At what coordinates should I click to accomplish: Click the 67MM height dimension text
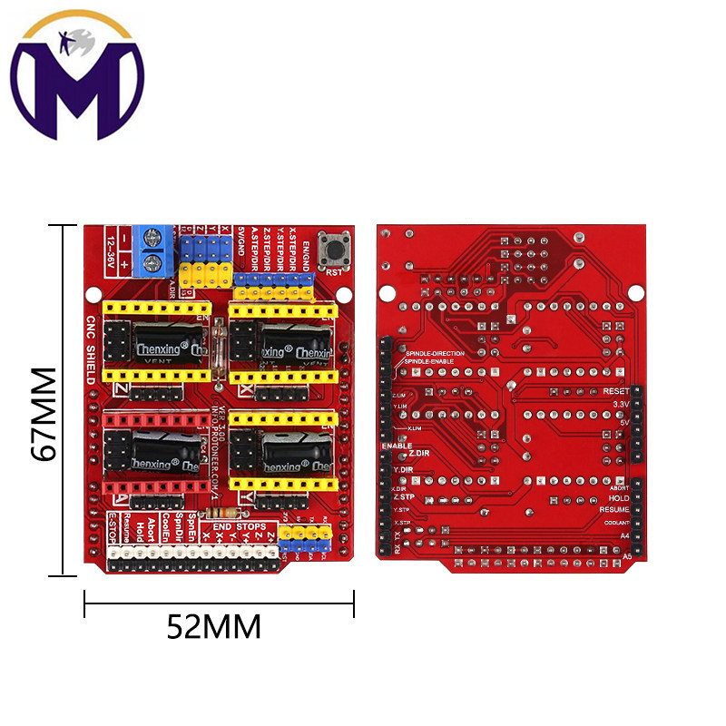tap(44, 414)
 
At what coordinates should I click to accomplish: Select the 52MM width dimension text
tap(214, 625)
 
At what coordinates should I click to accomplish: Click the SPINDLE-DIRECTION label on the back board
tap(435, 353)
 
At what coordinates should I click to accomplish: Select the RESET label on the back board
tap(614, 391)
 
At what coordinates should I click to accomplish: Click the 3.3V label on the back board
tap(620, 404)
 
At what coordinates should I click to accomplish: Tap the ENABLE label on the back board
tap(397, 446)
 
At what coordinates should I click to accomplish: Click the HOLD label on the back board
tap(619, 498)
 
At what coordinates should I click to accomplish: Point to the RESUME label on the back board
tap(614, 510)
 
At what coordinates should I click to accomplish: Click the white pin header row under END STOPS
tap(192, 555)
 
